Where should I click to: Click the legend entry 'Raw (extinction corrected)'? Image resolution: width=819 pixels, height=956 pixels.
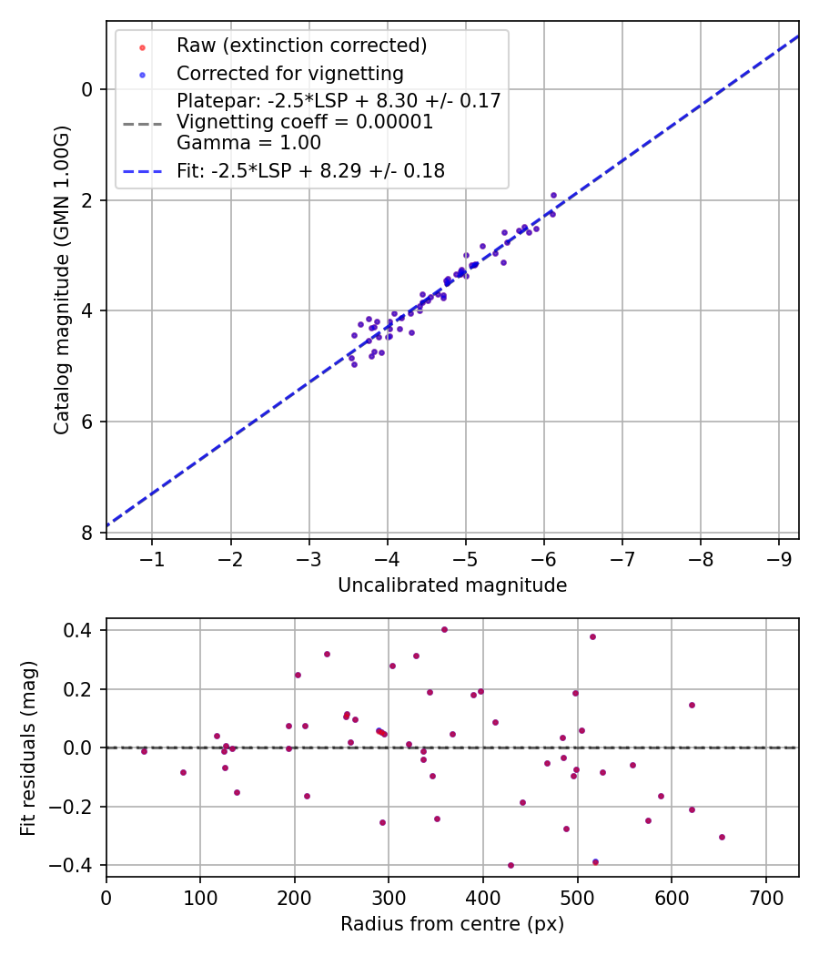pyautogui.click(x=301, y=46)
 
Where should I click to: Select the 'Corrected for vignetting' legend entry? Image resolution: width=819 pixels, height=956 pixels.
pyautogui.click(x=289, y=73)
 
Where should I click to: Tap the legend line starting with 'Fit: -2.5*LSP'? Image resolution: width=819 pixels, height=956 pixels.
pyautogui.click(x=310, y=170)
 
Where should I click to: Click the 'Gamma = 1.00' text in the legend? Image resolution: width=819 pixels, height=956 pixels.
pyautogui.click(x=248, y=143)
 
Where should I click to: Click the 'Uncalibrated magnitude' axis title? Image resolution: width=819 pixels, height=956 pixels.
pyautogui.click(x=452, y=585)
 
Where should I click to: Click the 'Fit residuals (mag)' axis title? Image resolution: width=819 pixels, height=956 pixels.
pyautogui.click(x=29, y=748)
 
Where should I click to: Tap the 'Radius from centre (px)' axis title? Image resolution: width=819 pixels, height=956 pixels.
pyautogui.click(x=452, y=924)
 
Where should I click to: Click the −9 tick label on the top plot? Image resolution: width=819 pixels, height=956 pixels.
pyautogui.click(x=779, y=557)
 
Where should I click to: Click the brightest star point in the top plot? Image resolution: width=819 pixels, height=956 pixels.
pyautogui.click(x=553, y=195)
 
